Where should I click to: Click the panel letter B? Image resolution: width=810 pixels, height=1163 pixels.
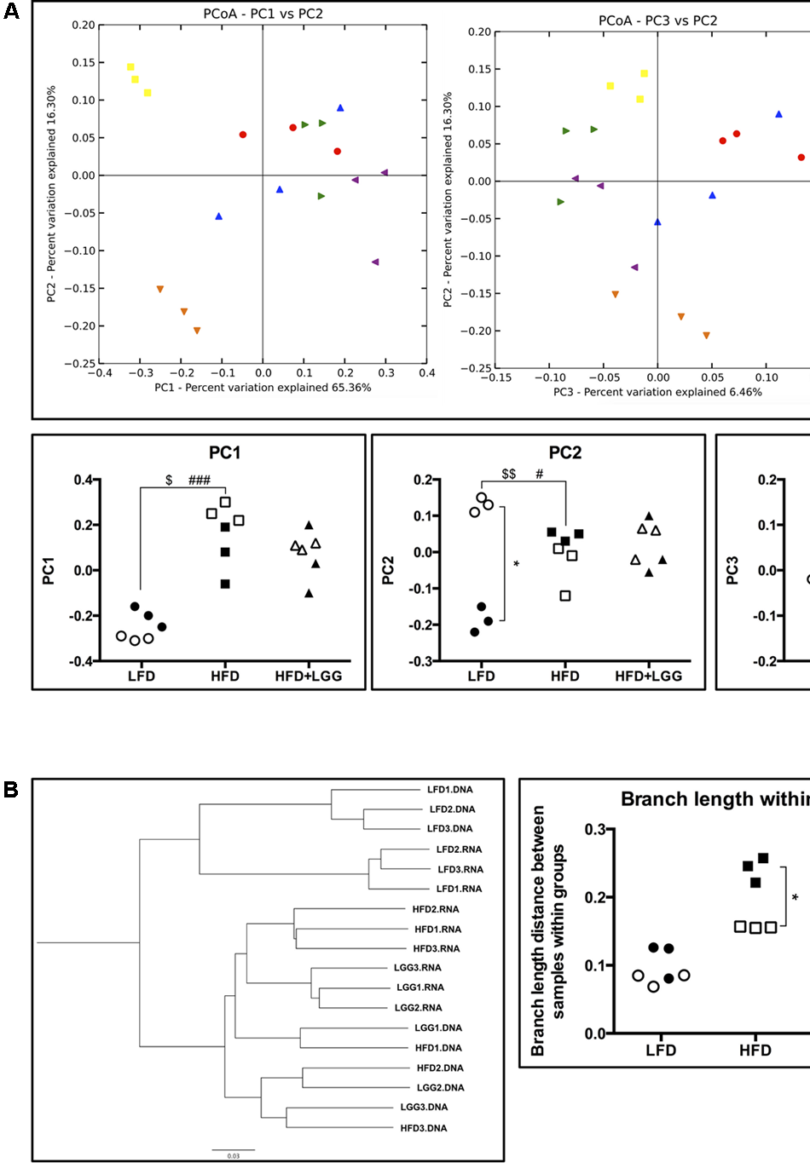click(11, 789)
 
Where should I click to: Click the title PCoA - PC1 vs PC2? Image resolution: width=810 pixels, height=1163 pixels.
click(263, 14)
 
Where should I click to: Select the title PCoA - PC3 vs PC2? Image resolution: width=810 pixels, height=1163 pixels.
click(657, 20)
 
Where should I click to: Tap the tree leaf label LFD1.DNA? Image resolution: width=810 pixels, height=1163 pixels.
click(449, 790)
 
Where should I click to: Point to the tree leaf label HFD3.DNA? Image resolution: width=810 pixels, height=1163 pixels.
click(424, 1128)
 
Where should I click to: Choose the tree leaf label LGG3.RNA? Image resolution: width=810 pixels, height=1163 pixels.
click(418, 968)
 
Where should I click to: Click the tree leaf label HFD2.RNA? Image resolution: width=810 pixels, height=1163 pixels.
click(436, 909)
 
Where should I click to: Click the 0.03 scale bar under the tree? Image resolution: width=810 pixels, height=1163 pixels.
click(233, 1152)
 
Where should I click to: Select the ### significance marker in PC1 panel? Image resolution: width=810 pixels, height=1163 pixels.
click(200, 481)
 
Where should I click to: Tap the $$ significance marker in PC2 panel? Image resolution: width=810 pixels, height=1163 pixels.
click(508, 474)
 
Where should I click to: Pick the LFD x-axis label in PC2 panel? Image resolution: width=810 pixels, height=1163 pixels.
click(481, 676)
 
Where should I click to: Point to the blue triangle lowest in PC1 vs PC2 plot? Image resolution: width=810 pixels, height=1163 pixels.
click(219, 216)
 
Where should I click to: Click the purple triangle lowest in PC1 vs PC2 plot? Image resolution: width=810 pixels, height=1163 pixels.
click(375, 262)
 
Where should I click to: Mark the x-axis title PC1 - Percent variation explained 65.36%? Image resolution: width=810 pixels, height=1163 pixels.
click(263, 388)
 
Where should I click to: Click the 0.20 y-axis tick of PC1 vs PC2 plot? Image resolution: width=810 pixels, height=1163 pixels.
click(84, 25)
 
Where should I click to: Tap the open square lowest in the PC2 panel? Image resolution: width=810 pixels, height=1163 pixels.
click(565, 596)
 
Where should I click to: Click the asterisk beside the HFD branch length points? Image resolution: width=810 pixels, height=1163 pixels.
click(795, 897)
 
